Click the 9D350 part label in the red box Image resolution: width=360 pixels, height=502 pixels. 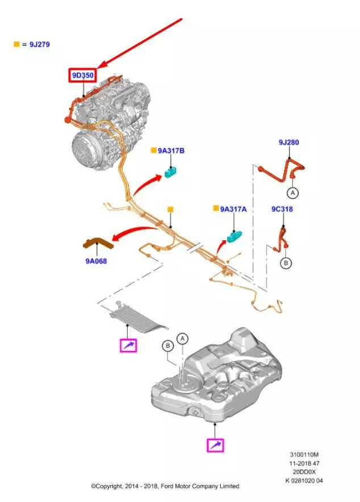click(x=82, y=75)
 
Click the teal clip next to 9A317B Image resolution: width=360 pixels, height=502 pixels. click(x=171, y=171)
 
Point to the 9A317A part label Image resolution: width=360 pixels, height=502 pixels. click(x=233, y=209)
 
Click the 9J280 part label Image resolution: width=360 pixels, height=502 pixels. click(x=288, y=142)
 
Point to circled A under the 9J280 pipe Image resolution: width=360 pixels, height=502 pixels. click(x=292, y=193)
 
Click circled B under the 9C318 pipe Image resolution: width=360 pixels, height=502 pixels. click(x=286, y=263)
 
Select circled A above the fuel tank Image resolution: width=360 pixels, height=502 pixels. click(x=183, y=338)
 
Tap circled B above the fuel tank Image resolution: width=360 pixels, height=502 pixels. click(x=168, y=345)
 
